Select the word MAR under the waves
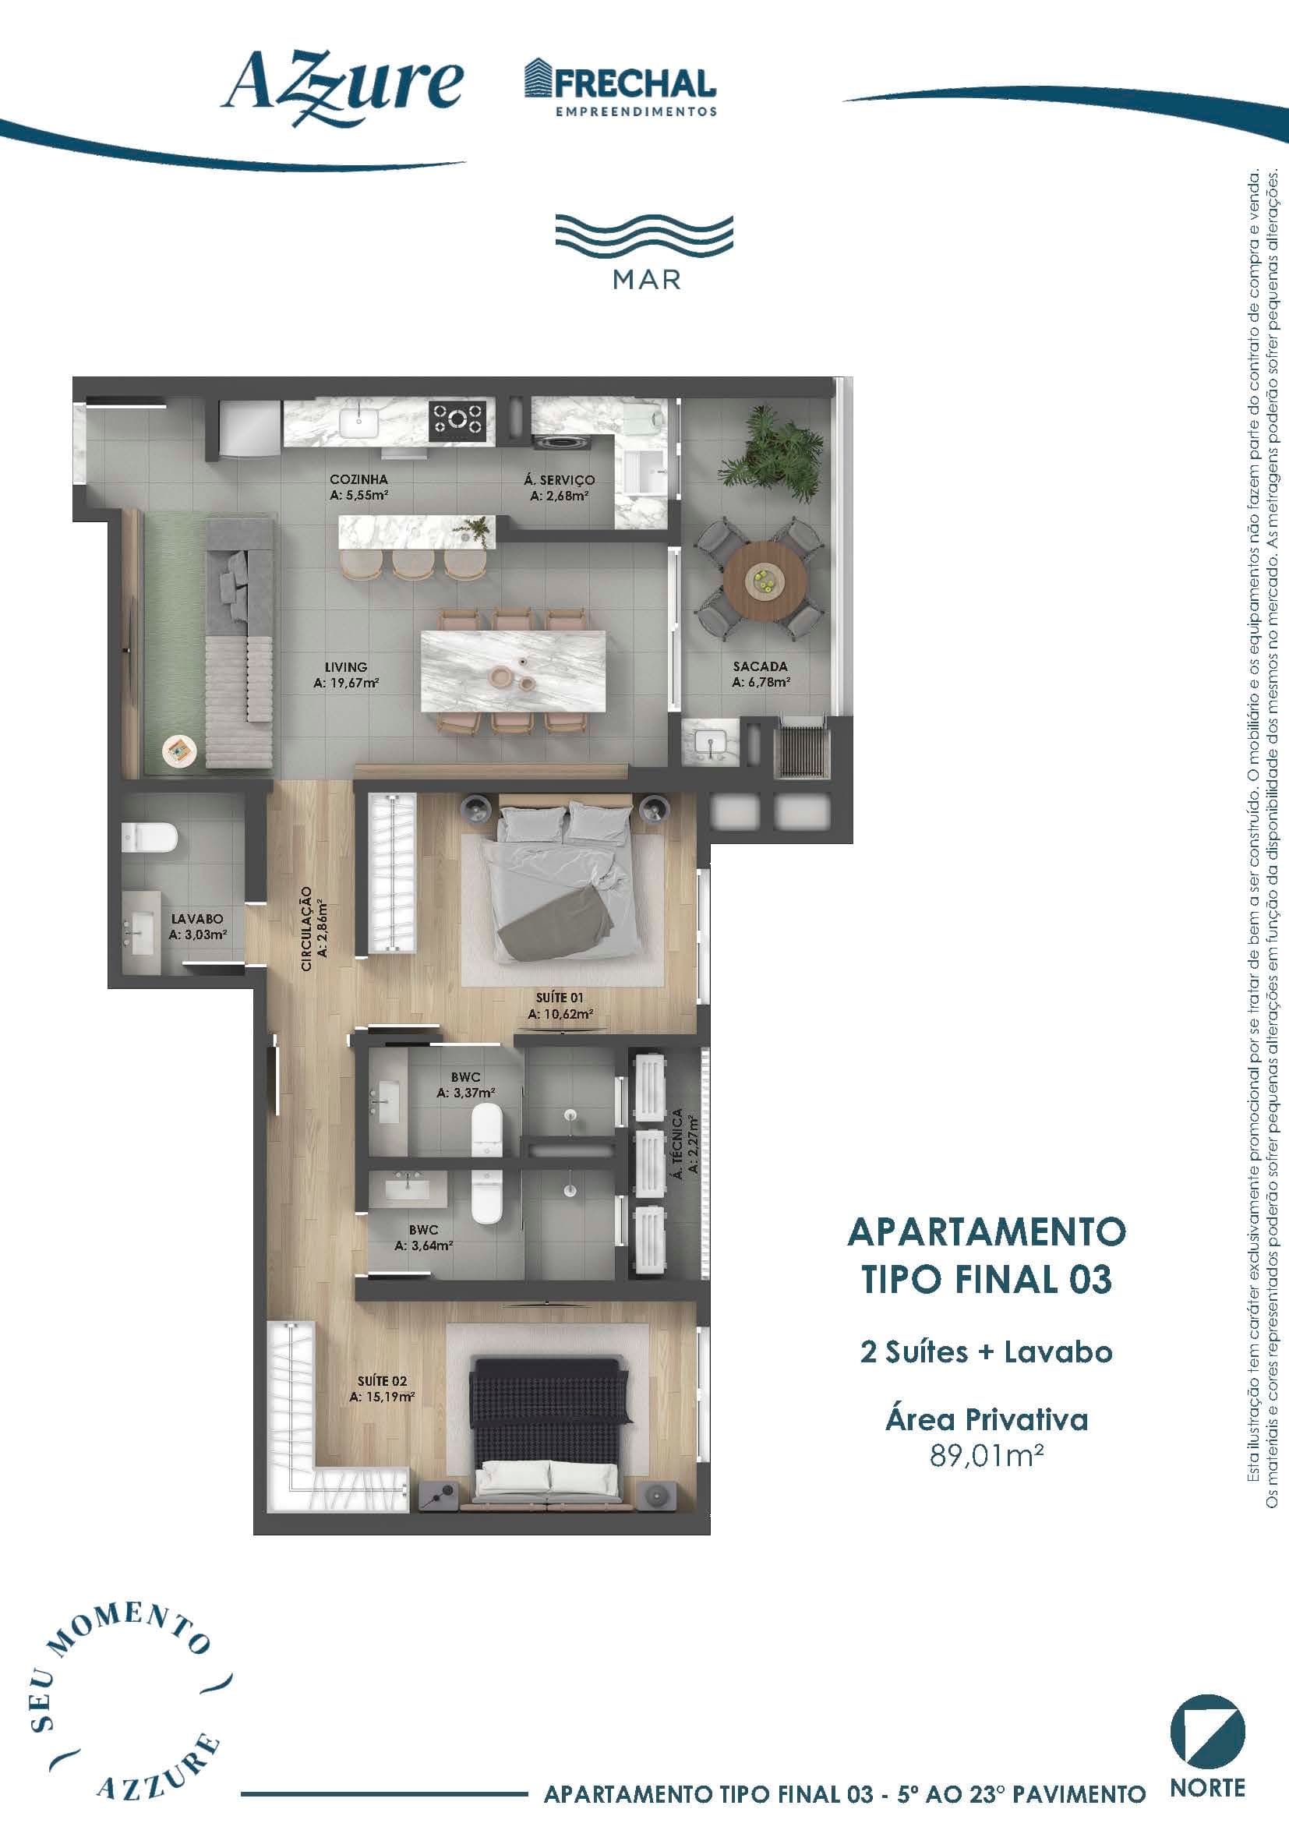[646, 281]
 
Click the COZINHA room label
[358, 487]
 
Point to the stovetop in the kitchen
[457, 420]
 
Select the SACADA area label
[761, 674]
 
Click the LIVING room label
[346, 675]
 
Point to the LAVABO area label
[198, 927]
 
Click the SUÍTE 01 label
[560, 1006]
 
